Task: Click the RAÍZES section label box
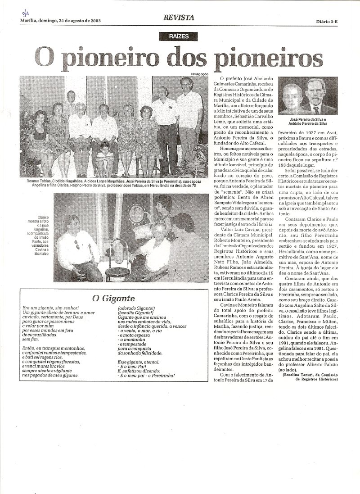[x=180, y=37]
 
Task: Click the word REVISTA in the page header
[x=179, y=18]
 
